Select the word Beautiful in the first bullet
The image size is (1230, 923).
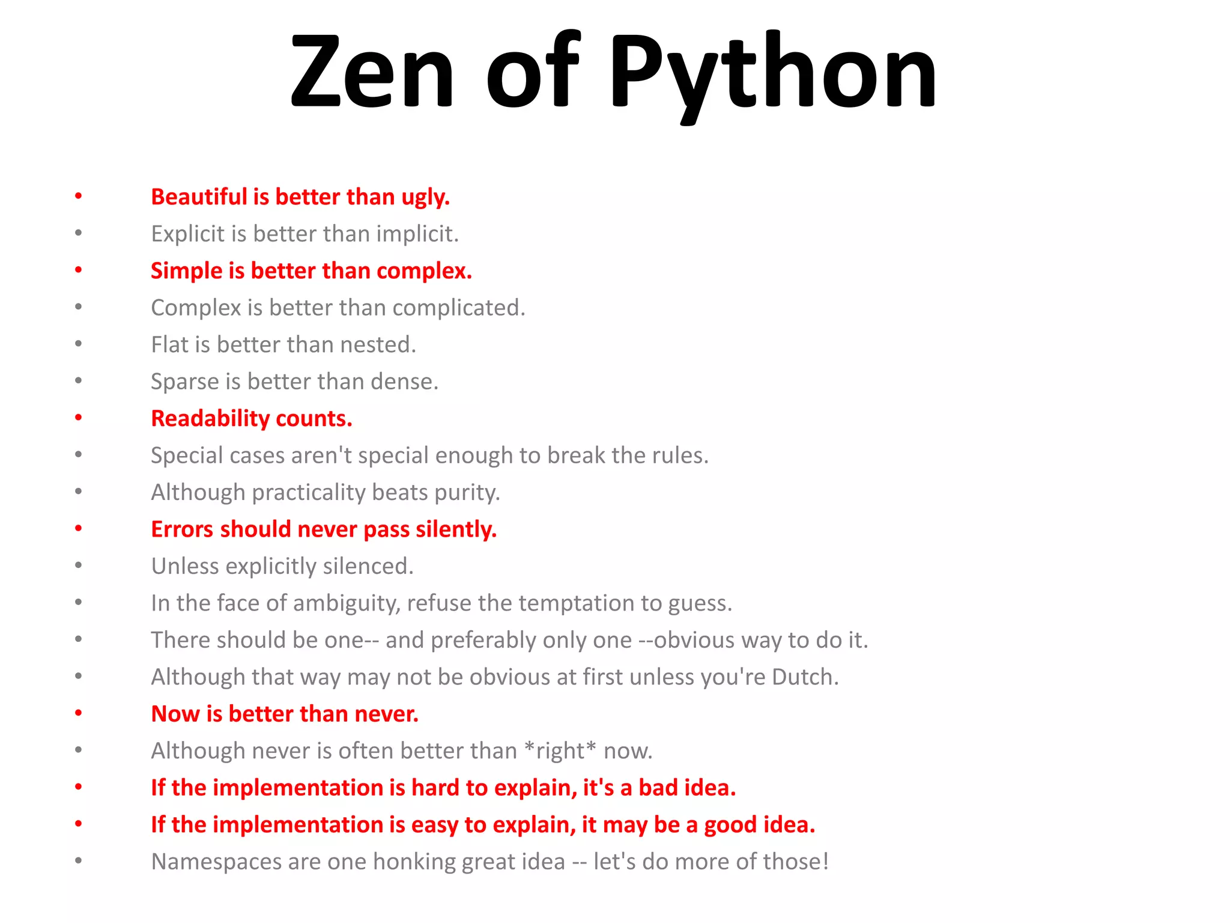199,197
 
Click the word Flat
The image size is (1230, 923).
169,345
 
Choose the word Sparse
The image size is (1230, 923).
185,382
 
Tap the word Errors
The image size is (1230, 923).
182,529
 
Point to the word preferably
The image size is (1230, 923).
483,641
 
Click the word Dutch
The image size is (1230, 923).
805,677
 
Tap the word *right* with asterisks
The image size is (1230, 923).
560,751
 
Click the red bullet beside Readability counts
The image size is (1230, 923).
78,418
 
